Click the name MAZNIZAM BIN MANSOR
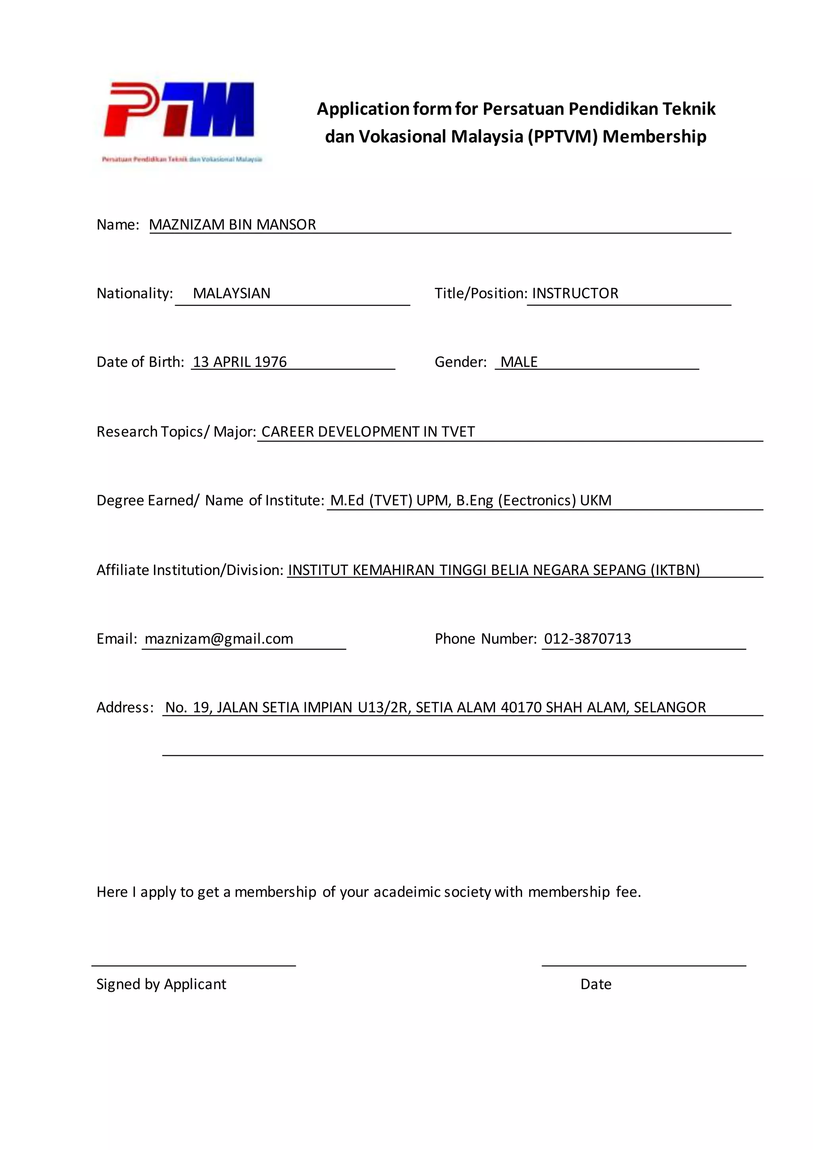232,224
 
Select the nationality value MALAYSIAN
231,293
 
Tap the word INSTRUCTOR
575,293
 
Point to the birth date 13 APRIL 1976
240,362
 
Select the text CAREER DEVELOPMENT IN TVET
368,431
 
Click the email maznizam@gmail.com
219,639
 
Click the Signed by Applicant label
161,984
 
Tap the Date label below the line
596,984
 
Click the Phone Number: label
485,639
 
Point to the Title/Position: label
481,293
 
